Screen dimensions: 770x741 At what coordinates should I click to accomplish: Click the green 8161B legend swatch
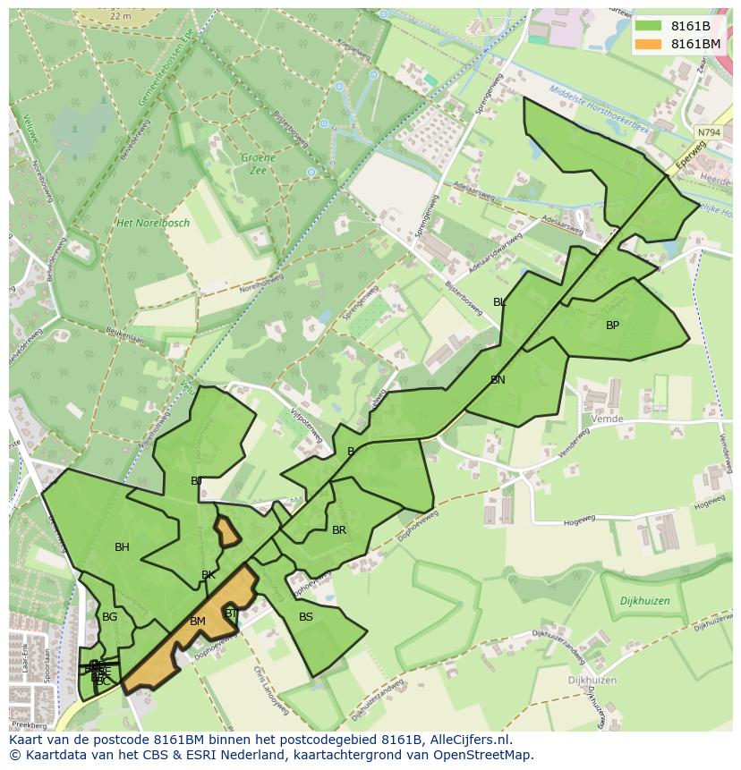pyautogui.click(x=649, y=26)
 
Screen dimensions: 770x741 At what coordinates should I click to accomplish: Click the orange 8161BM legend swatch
pyautogui.click(x=649, y=44)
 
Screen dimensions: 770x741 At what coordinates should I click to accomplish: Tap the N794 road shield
pyautogui.click(x=708, y=132)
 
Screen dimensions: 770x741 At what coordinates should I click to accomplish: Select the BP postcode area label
pyautogui.click(x=612, y=326)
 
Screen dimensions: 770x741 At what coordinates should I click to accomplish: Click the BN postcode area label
pyautogui.click(x=498, y=380)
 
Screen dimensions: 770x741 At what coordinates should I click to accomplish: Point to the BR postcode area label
pyautogui.click(x=339, y=530)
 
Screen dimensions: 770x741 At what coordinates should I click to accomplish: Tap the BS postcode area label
pyautogui.click(x=306, y=617)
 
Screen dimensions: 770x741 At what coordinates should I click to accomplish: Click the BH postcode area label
pyautogui.click(x=122, y=547)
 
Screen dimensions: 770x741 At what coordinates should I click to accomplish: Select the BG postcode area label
pyautogui.click(x=109, y=617)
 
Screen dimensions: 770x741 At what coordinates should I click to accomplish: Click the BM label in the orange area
pyautogui.click(x=198, y=622)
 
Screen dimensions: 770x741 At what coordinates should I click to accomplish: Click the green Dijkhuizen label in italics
pyautogui.click(x=644, y=602)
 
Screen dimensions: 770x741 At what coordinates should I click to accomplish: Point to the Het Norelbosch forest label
pyautogui.click(x=153, y=223)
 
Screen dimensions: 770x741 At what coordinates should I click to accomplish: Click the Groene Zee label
pyautogui.click(x=258, y=164)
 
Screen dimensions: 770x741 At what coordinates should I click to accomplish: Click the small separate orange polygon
pyautogui.click(x=227, y=532)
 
